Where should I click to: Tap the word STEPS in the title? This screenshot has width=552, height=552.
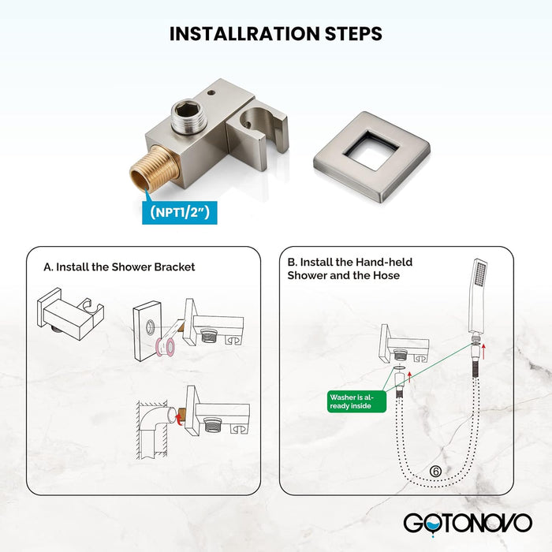[353, 34]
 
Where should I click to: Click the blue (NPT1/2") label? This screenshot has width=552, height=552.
[180, 213]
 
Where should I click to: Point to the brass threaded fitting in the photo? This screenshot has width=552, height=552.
[155, 170]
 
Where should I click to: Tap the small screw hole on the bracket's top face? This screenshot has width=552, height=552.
[211, 93]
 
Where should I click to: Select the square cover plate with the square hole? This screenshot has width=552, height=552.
[371, 156]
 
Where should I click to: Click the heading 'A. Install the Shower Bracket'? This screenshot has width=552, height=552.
[119, 267]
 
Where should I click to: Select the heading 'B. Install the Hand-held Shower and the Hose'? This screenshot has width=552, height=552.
[350, 269]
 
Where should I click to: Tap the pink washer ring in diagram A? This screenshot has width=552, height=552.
[166, 347]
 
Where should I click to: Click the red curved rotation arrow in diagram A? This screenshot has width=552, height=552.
[180, 419]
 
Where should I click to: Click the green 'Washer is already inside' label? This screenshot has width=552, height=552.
[356, 401]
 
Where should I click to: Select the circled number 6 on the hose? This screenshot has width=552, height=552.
[435, 472]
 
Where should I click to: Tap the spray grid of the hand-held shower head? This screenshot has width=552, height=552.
[479, 274]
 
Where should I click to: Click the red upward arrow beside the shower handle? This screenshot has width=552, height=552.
[484, 352]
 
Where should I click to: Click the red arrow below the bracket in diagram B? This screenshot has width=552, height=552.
[409, 377]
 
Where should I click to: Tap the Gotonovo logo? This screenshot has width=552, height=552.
[468, 524]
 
